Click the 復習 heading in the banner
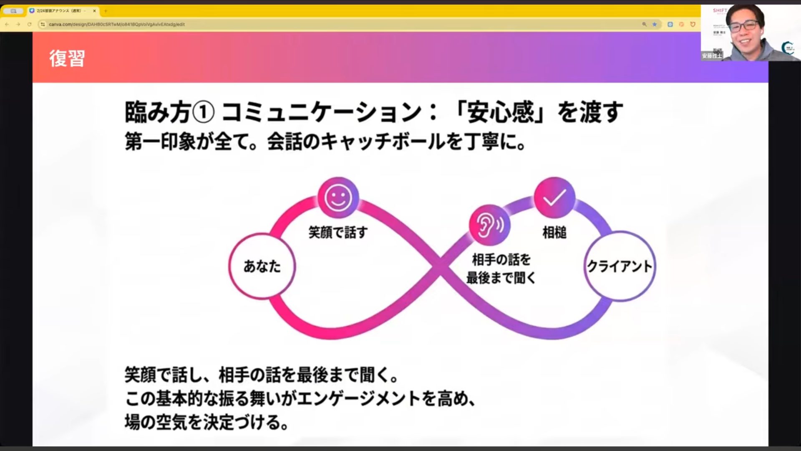67,58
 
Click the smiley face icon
338,198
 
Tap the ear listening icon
489,225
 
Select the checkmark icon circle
554,198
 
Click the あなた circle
262,266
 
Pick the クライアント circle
620,266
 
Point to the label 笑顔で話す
338,232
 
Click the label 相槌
554,232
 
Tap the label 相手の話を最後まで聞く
501,269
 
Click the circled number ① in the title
204,112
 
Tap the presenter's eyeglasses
744,26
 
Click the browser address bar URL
117,24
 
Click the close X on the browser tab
94,11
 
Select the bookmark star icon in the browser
655,24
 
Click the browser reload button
29,24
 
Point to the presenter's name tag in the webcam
712,56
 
